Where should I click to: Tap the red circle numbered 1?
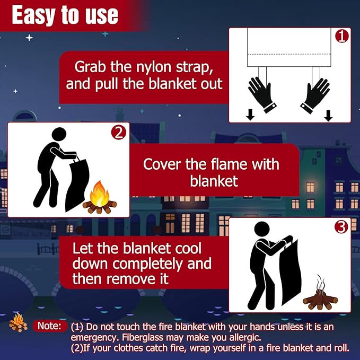pos(341,36)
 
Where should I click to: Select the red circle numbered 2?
pos(118,133)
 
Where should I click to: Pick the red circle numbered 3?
pos(341,227)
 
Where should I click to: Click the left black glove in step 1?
pos(262,94)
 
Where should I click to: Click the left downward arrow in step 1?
pos(250,115)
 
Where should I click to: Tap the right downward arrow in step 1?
pos(328,116)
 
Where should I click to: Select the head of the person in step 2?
pos(59,134)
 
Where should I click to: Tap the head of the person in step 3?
pos(262,229)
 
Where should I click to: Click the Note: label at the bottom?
pos(49,326)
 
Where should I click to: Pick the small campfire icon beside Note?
pos(18,322)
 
